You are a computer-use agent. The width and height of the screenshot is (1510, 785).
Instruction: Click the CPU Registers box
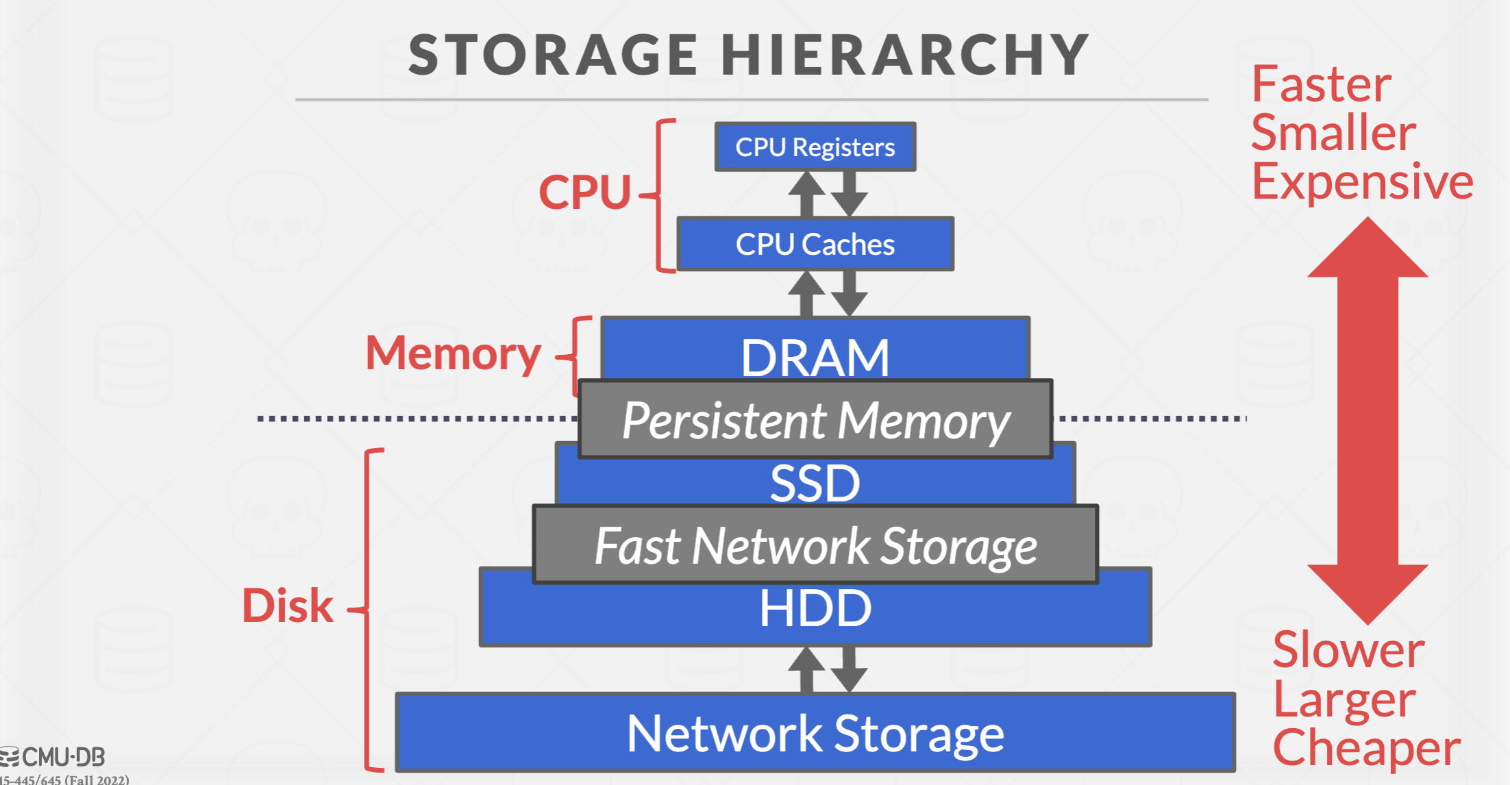coord(815,147)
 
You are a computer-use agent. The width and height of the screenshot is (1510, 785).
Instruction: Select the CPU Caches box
coord(815,244)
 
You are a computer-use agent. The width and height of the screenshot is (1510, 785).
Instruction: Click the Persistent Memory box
coord(815,419)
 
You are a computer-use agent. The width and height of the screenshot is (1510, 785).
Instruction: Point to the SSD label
coord(815,483)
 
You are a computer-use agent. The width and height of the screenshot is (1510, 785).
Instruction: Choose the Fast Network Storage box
coord(815,545)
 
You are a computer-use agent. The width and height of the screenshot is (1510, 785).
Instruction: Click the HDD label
coord(815,609)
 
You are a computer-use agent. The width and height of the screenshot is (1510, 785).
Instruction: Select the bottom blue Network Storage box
coord(815,733)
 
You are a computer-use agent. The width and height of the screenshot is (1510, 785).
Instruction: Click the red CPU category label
coord(584,192)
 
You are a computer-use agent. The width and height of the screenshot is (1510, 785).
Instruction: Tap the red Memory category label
coord(453,353)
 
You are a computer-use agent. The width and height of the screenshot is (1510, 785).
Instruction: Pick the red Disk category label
coord(288,606)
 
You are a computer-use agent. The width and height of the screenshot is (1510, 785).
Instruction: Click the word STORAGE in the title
coord(554,55)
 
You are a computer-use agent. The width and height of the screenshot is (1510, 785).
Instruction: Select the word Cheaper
coord(1366,747)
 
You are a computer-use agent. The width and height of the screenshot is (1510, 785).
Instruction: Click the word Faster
coord(1321,84)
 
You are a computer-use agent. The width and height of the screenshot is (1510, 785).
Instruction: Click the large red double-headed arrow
coord(1367,421)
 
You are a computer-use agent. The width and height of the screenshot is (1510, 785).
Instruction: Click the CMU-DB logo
coord(53,757)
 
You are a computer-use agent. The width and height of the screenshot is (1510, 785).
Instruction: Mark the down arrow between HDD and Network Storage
coord(850,670)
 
